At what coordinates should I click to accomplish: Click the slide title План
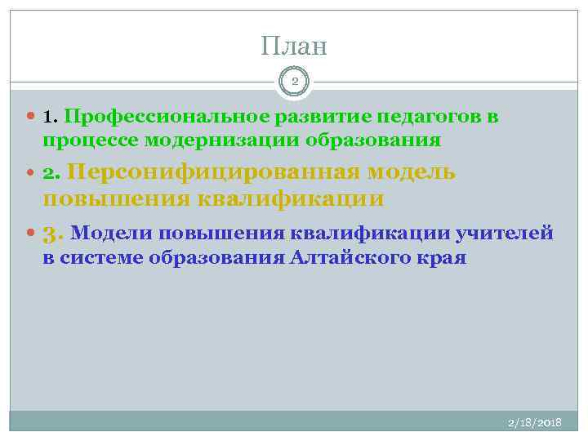[294, 46]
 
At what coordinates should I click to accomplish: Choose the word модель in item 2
[412, 173]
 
